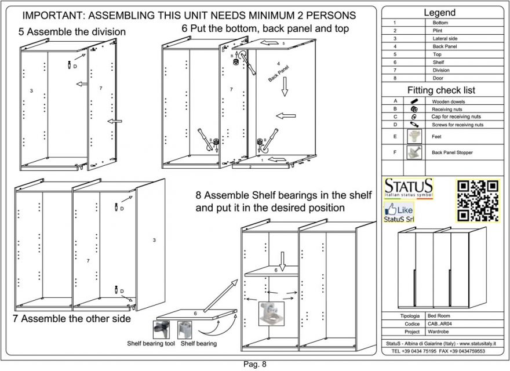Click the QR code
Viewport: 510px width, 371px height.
pyautogui.click(x=478, y=201)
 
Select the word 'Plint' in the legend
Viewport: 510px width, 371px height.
pyautogui.click(x=438, y=30)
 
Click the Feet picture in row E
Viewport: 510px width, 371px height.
pyautogui.click(x=414, y=137)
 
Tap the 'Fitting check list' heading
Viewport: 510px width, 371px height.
pyautogui.click(x=441, y=90)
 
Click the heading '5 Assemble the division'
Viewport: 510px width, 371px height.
pyautogui.click(x=72, y=32)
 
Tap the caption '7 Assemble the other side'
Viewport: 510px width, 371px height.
pyautogui.click(x=72, y=319)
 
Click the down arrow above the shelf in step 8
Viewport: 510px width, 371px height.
pyautogui.click(x=282, y=259)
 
